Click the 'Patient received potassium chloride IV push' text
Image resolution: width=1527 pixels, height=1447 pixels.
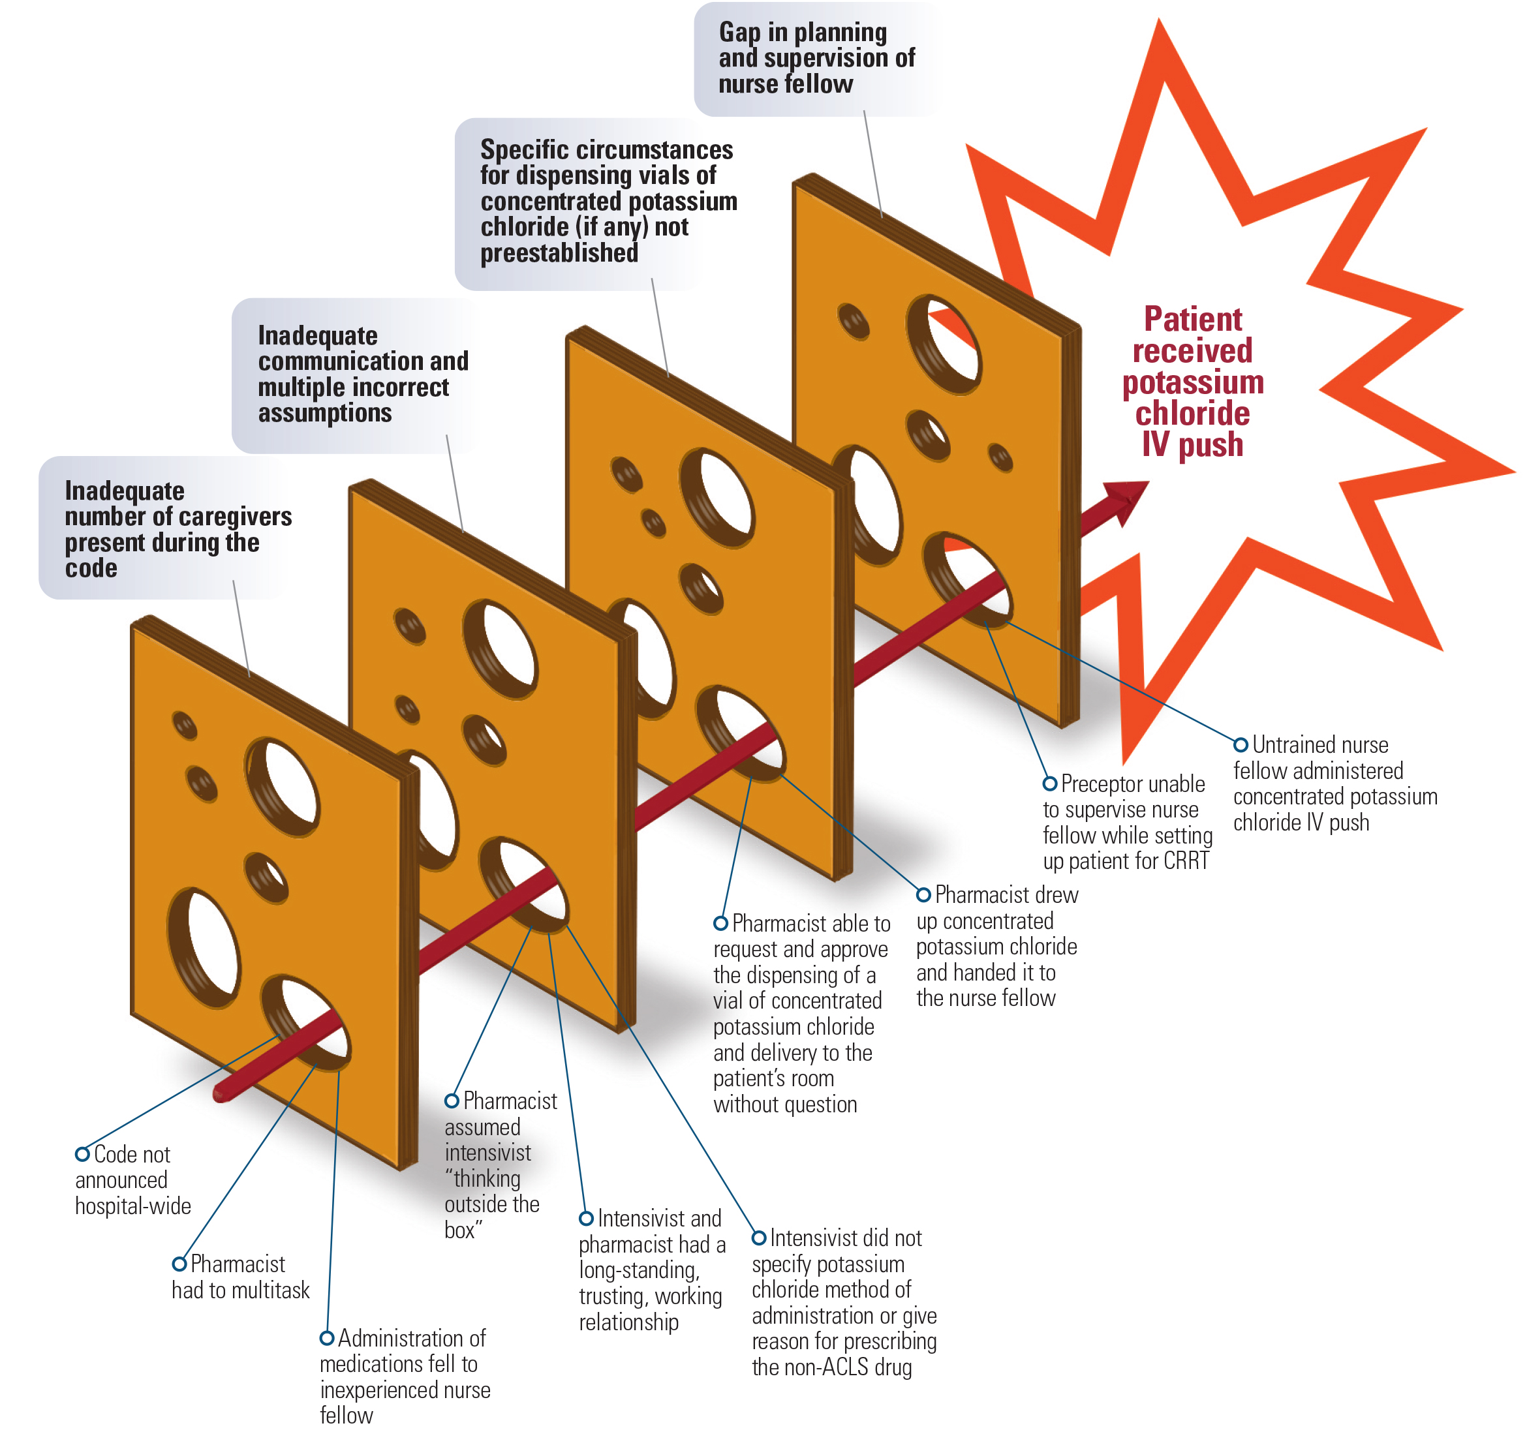[1192, 382]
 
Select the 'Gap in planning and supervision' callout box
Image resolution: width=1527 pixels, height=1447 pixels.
[816, 59]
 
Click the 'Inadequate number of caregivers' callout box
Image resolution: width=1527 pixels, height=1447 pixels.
[162, 529]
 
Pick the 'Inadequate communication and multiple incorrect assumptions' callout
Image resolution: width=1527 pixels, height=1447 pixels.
[355, 375]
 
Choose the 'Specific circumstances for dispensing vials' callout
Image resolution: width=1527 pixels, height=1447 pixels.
[594, 202]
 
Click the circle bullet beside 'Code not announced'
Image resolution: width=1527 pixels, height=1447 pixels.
[82, 1154]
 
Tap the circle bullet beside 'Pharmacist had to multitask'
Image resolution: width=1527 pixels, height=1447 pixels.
[179, 1264]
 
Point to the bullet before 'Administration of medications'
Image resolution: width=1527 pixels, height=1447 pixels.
[327, 1337]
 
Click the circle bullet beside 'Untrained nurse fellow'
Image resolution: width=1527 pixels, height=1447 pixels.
[1241, 745]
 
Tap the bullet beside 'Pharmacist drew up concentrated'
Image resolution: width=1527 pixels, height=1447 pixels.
[923, 894]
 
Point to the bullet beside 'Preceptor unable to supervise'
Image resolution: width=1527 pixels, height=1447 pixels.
[1049, 784]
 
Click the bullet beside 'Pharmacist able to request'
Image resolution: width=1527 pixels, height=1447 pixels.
[720, 923]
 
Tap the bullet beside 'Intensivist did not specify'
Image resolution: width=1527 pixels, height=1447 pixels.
[759, 1238]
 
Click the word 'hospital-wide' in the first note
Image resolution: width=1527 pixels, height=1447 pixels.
[132, 1206]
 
